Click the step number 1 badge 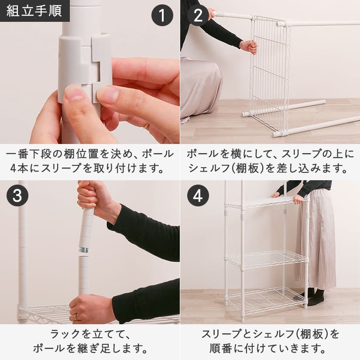point(162,15)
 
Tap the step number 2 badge point(198,15)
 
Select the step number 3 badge point(17,195)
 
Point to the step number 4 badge point(198,195)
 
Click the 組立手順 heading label point(34,11)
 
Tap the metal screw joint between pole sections point(84,250)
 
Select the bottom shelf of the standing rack point(266,300)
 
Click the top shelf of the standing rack point(266,202)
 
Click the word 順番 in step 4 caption point(220,349)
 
